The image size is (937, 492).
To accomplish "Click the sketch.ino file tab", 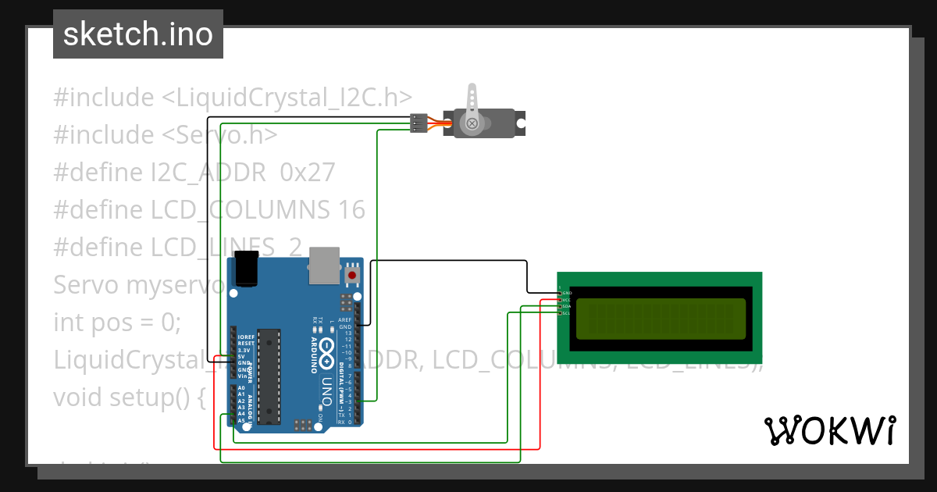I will coord(138,34).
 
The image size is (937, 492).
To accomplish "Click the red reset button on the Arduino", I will coord(352,275).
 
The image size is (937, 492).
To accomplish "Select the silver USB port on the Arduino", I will coord(324,265).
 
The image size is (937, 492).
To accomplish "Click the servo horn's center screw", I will coord(472,123).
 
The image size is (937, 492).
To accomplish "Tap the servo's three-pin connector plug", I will coord(419,123).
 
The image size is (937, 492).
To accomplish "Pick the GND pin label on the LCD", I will coord(567,293).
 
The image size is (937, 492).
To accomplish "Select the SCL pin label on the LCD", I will coord(567,313).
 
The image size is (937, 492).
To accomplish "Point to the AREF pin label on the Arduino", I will coord(345,320).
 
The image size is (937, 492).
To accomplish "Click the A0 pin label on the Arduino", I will coord(241,388).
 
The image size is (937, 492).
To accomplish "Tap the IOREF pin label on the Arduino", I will coord(246,337).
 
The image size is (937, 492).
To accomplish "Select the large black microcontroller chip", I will coord(268,376).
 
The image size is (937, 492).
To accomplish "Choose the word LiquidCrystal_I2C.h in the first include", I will coord(294,98).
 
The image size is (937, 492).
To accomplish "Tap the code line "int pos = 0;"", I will coord(117,323).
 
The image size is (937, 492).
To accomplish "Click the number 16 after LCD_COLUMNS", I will coord(351,210).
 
